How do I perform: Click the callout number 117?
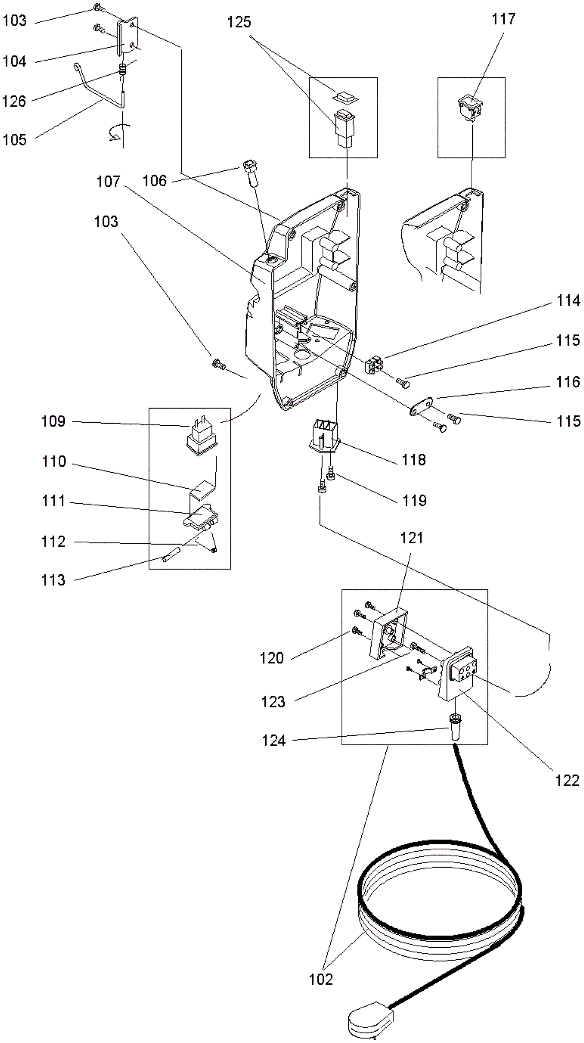point(503,19)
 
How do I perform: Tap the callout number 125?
point(239,22)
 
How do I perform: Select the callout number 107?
point(108,182)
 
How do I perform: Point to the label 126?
point(14,101)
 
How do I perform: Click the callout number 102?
point(320,979)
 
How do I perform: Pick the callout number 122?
point(567,781)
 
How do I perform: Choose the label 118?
point(414,460)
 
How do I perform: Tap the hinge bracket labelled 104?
point(127,37)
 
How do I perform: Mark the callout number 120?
point(271,658)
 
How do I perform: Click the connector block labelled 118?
point(324,433)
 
